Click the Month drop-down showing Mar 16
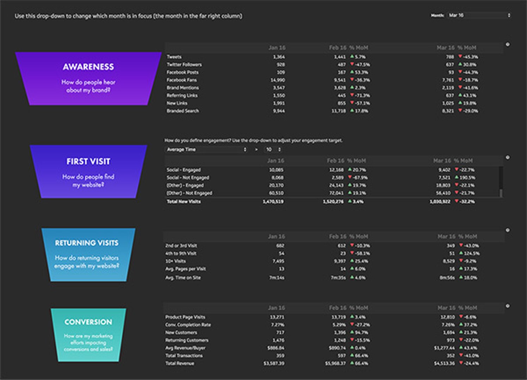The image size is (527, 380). coord(479,15)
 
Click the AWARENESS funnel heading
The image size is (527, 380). coord(88,67)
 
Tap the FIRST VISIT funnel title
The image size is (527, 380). coord(88,161)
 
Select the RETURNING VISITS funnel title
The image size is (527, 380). coord(87,243)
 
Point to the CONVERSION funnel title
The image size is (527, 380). coord(88,322)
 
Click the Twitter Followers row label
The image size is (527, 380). coord(184,65)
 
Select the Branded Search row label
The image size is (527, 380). coord(183,111)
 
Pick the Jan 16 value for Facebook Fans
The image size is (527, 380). coord(278,80)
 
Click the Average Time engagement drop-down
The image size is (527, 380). coord(206,150)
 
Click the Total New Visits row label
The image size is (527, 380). coord(184,202)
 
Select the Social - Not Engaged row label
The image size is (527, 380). coord(188,178)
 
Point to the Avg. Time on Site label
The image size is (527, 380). coord(183,278)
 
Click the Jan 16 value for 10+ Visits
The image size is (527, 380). coord(278,261)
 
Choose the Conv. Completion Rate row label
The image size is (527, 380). coord(188,325)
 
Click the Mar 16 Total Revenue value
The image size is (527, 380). coord(444,363)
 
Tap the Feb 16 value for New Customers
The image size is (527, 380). coord(340,332)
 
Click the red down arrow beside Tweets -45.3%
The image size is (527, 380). coord(460,57)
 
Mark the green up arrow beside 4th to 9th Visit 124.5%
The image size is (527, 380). coord(461,253)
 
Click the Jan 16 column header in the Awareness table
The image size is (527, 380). coord(277,48)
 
